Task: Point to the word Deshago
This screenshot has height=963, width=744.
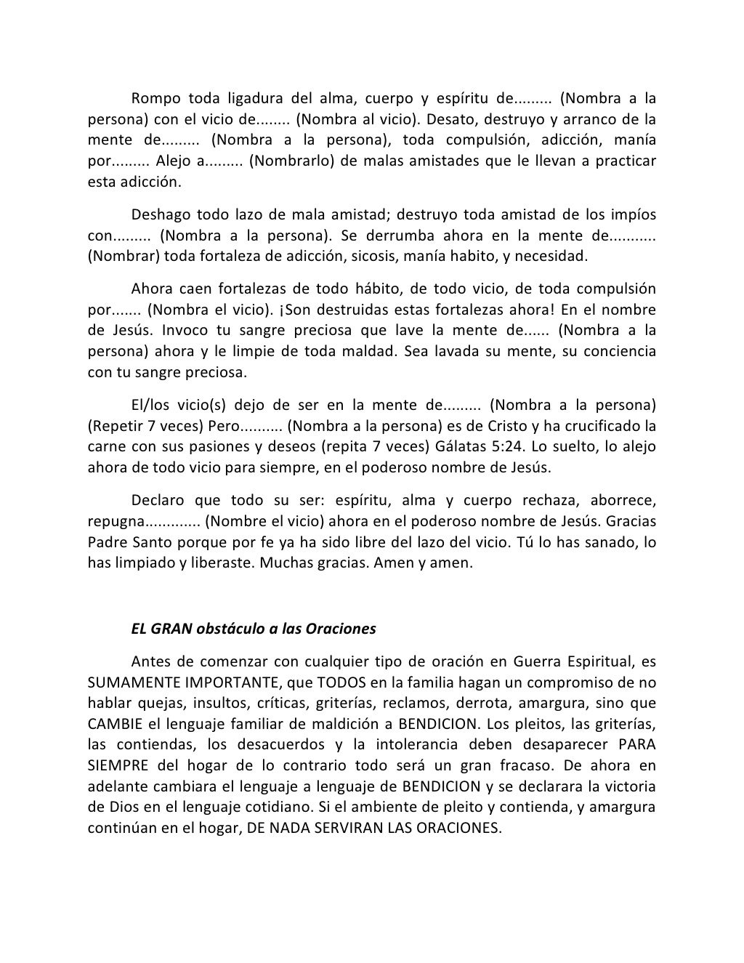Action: pyautogui.click(x=161, y=215)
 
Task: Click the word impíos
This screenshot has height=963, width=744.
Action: pyautogui.click(x=633, y=215)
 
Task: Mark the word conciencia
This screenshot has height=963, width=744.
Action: pyautogui.click(x=620, y=351)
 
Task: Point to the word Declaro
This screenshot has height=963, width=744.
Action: pyautogui.click(x=159, y=501)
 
